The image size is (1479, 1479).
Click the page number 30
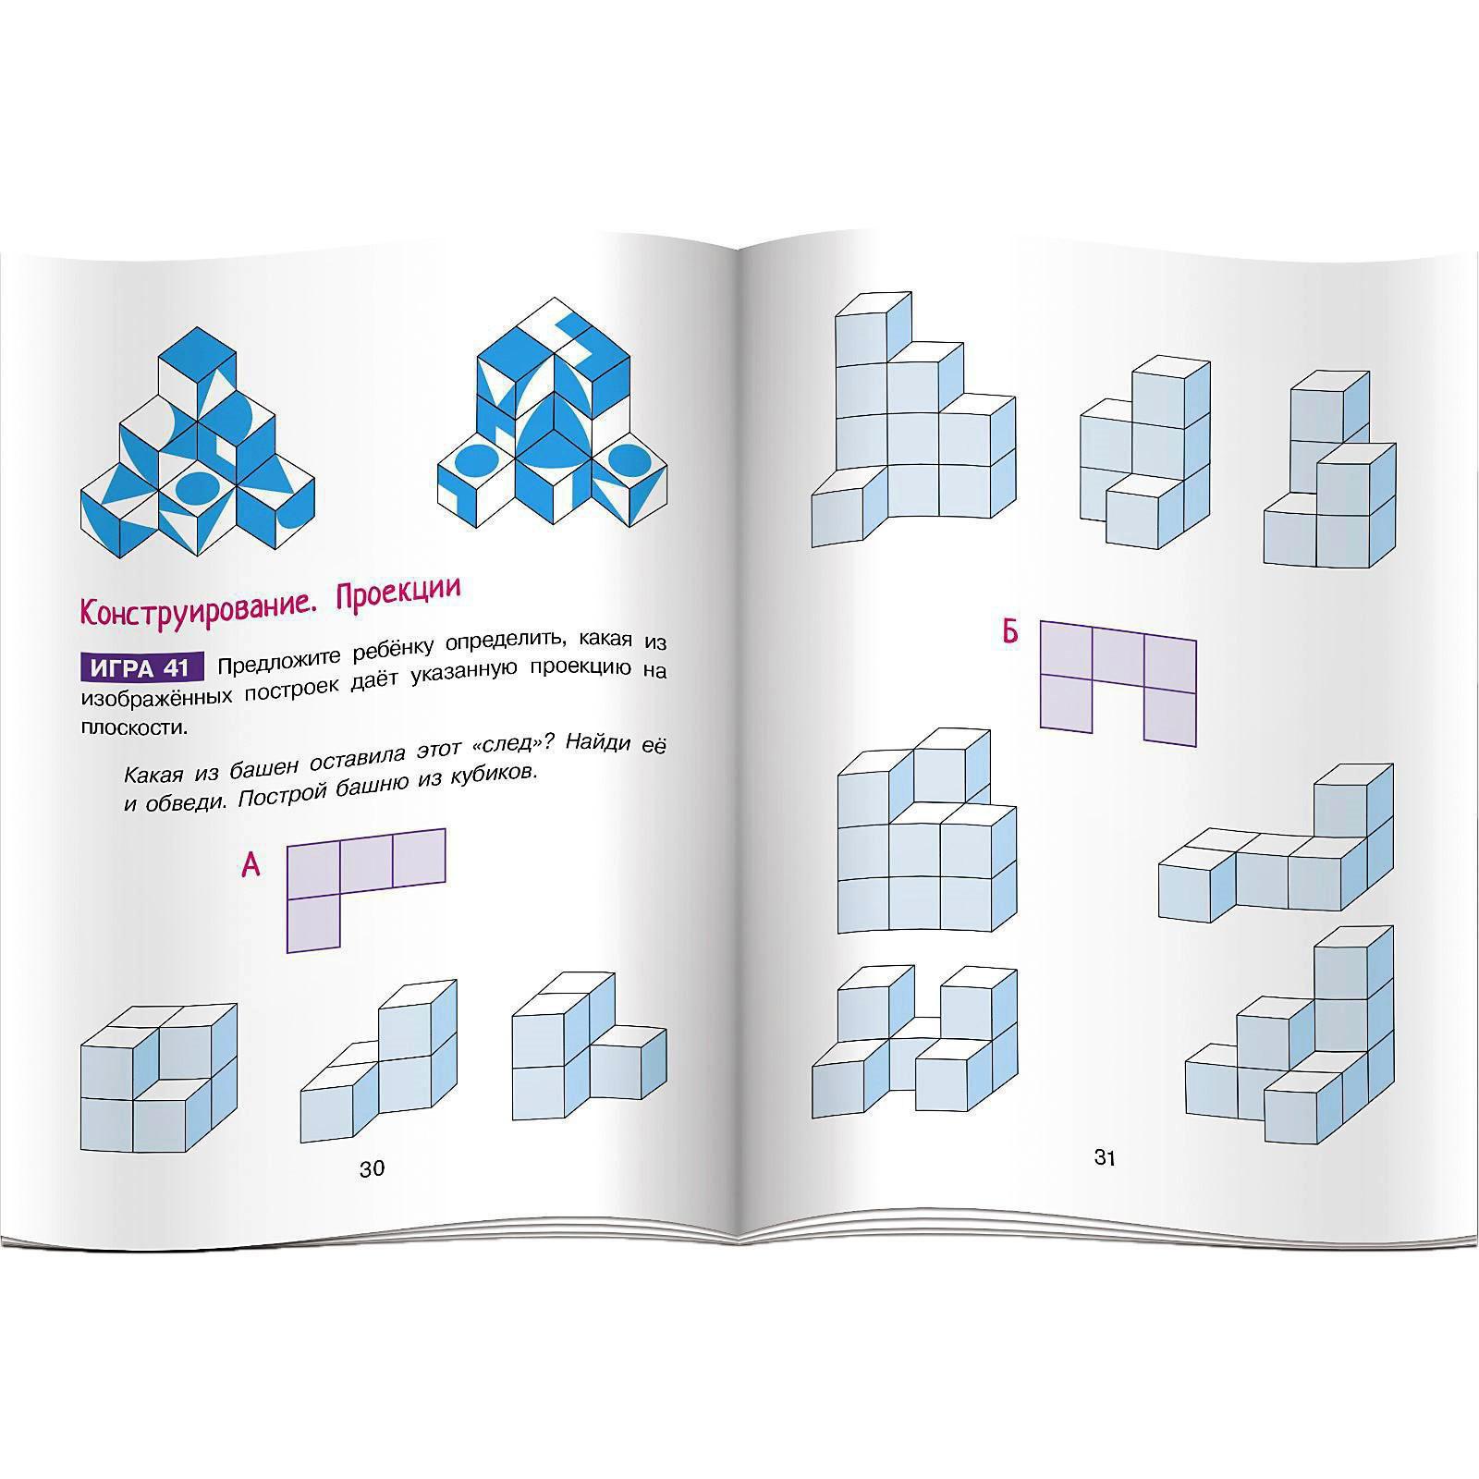pos(372,1168)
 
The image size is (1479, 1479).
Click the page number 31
pos(1106,1157)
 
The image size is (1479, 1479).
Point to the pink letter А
pos(251,865)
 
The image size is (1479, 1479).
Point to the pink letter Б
pos(1010,632)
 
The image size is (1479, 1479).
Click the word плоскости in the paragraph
pos(133,727)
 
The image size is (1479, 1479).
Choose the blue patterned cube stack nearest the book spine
pos(552,413)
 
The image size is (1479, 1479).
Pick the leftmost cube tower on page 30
pos(159,1078)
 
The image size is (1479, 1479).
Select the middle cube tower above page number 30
pos(379,1061)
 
